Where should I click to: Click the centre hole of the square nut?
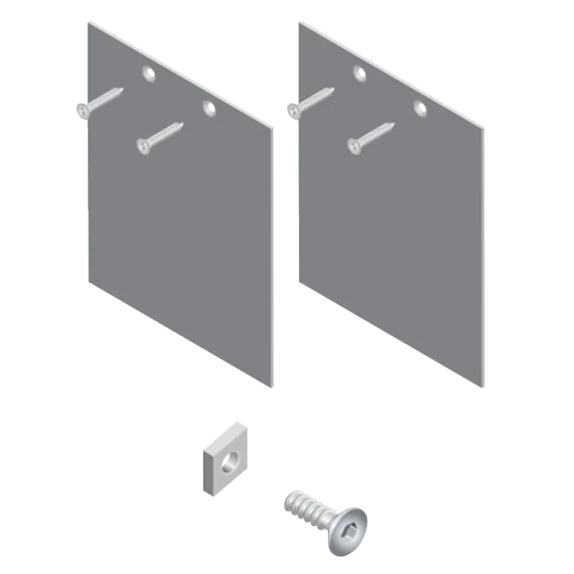coord(230,459)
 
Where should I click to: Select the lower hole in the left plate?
coord(208,106)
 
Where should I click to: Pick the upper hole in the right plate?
coord(360,72)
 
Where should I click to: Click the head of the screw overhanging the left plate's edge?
coord(82,108)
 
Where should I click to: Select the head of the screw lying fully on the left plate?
coord(144,145)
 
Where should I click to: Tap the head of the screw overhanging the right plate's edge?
coord(294,109)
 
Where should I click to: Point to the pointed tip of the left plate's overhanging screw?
coord(124,89)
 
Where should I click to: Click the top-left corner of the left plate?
coord(87,20)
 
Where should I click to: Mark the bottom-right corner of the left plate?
coord(272,385)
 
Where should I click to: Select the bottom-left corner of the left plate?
coord(89,282)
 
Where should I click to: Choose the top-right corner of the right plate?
coord(485,125)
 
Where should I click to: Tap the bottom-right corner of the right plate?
coord(484,386)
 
